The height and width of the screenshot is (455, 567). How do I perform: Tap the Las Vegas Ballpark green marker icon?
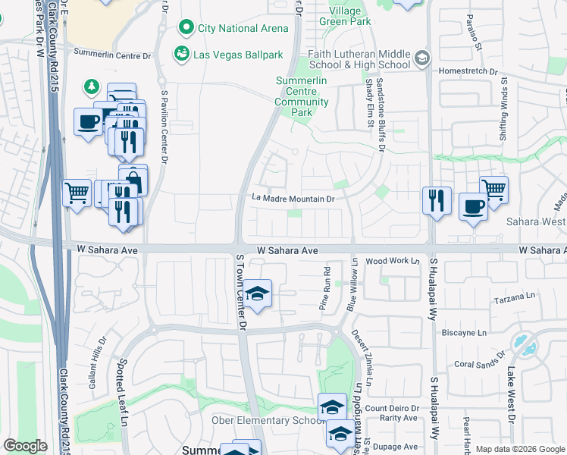click(181, 54)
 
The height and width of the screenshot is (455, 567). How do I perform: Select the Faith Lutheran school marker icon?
click(422, 58)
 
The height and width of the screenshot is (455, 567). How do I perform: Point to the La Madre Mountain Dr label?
click(293, 199)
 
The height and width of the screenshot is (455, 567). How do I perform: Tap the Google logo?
click(25, 446)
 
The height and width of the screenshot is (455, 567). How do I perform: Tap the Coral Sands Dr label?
click(480, 362)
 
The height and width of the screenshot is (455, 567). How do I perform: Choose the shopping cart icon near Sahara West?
click(493, 188)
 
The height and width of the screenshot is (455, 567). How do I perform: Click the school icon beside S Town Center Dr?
click(257, 293)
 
